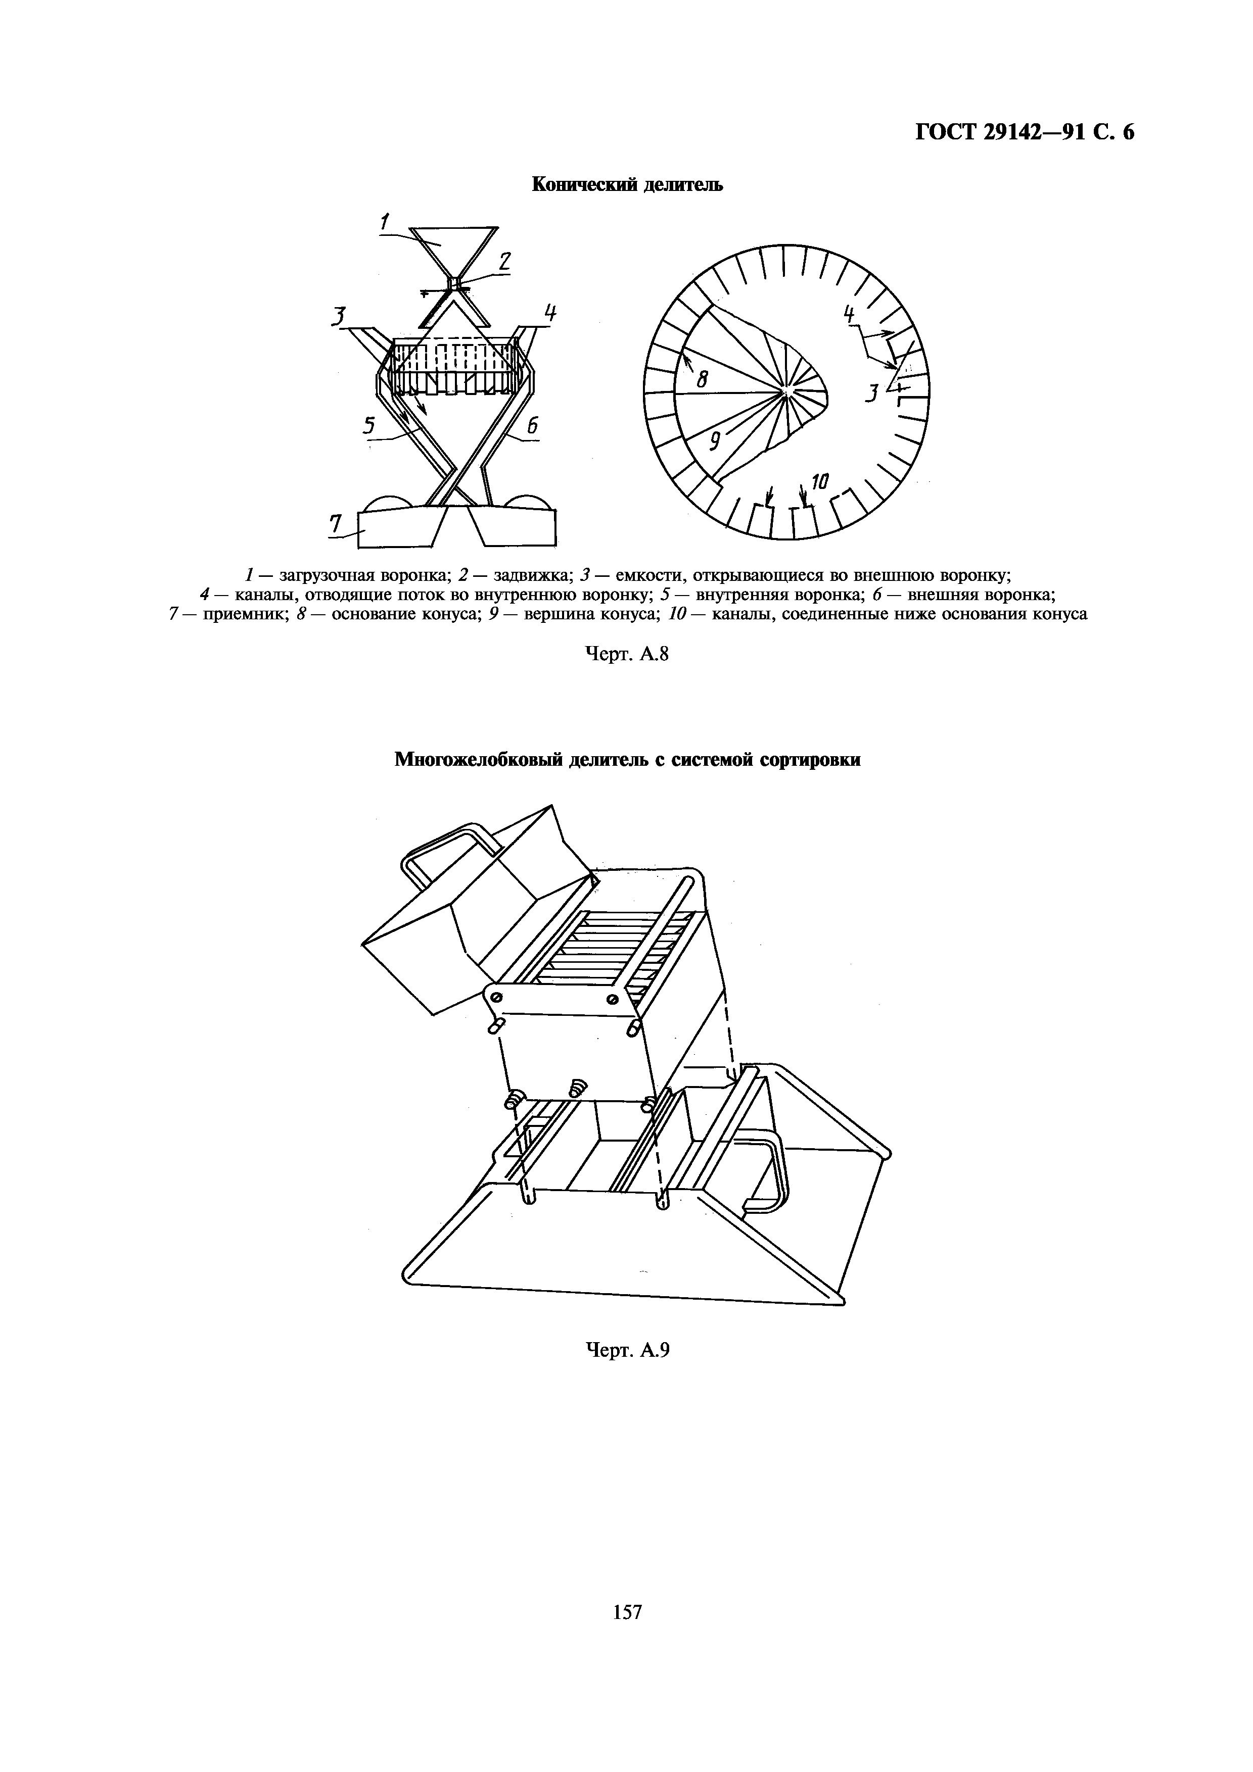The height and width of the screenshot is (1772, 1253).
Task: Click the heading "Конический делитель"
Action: [x=627, y=184]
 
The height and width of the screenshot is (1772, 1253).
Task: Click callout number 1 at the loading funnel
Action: [x=384, y=221]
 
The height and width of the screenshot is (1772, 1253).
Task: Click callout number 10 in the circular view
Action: [x=819, y=483]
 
